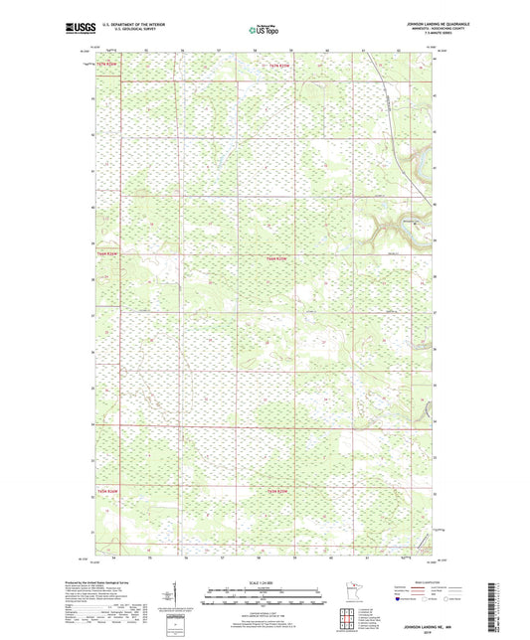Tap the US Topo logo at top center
tap(264, 30)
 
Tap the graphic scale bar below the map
tap(263, 598)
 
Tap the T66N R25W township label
tap(282, 258)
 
